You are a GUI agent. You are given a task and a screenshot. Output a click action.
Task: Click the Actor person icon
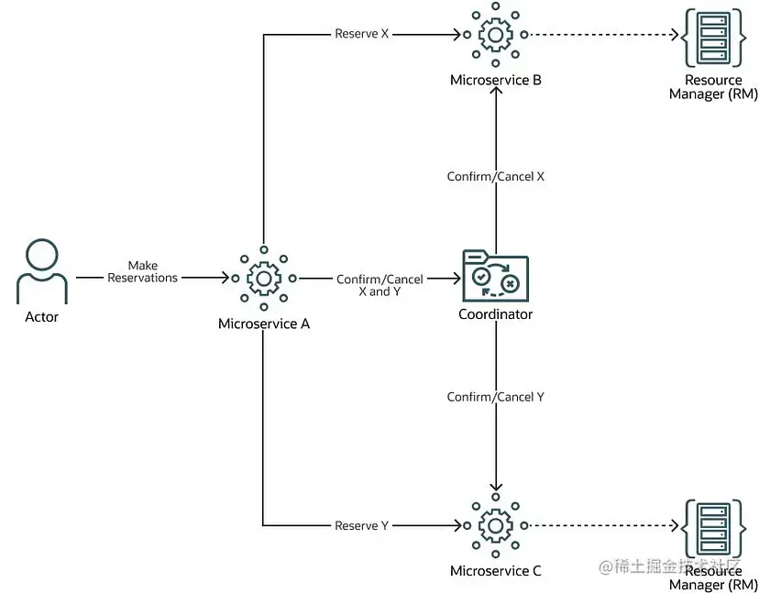(42, 272)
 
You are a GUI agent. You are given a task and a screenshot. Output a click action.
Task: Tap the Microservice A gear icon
(263, 278)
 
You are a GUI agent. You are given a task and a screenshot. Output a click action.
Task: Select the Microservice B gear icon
(495, 36)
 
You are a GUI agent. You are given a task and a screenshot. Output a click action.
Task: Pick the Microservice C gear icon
(495, 526)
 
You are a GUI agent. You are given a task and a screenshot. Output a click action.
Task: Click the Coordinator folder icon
(495, 275)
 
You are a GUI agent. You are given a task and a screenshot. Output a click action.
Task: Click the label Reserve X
(361, 35)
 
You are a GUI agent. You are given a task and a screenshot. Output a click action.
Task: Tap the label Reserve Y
(361, 526)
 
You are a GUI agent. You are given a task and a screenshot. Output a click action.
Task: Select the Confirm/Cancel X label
(495, 176)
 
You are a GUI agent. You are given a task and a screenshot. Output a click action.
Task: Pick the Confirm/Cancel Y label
(495, 397)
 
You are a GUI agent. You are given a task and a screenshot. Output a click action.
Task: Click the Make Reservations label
(143, 272)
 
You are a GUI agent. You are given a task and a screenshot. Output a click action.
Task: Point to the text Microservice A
(263, 324)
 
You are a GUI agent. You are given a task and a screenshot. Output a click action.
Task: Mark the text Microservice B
(495, 81)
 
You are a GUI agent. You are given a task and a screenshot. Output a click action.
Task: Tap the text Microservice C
(495, 571)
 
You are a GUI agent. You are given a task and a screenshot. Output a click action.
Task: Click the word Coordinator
(495, 314)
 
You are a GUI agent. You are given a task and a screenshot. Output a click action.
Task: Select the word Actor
(42, 317)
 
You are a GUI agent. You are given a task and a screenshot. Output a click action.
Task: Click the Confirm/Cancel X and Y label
(379, 285)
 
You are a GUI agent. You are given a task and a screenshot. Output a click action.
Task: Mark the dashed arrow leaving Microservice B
(600, 36)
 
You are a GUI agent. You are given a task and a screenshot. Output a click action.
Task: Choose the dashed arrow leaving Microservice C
(600, 526)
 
